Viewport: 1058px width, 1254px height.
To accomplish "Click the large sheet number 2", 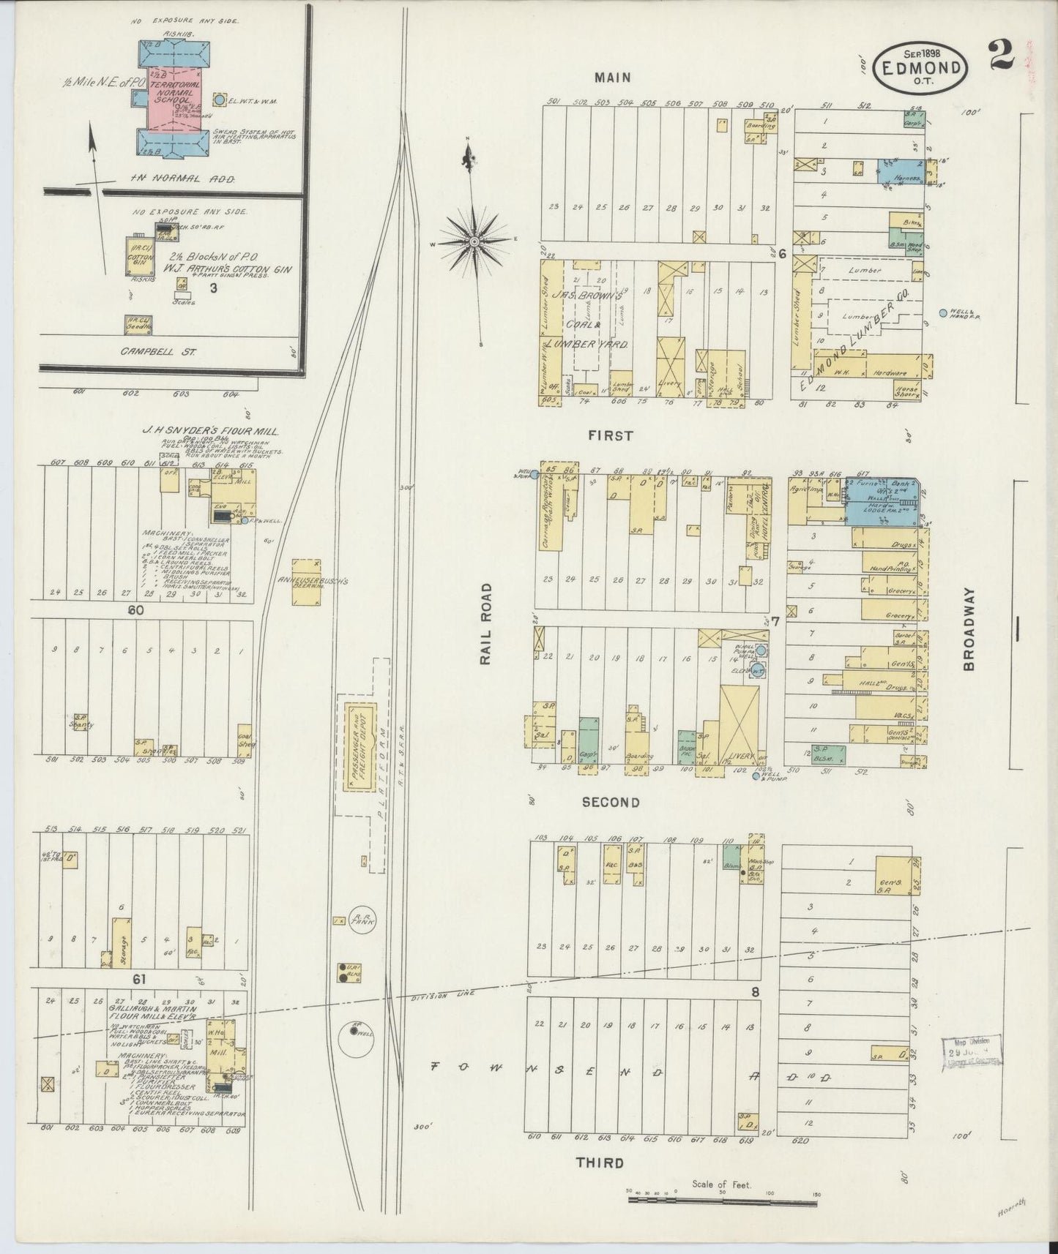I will click(x=999, y=55).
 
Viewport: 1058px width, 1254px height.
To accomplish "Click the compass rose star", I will click(x=474, y=241).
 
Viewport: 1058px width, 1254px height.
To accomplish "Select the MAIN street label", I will click(x=612, y=77).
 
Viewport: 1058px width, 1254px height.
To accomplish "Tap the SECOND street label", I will click(x=611, y=803).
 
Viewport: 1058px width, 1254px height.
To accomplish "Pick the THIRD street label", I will click(x=600, y=1163).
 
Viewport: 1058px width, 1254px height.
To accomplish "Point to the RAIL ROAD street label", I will click(x=486, y=624).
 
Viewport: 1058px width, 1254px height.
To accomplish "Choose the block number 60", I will click(x=135, y=610).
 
